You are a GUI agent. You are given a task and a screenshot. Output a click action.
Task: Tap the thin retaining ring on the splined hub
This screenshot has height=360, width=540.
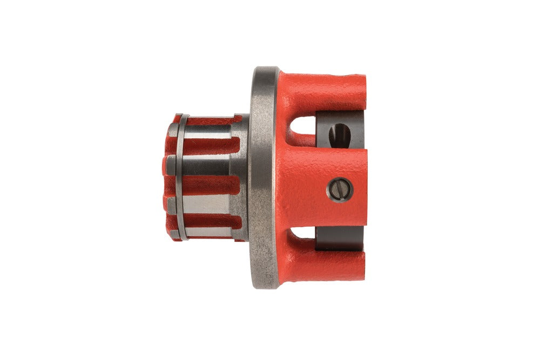tap(181, 178)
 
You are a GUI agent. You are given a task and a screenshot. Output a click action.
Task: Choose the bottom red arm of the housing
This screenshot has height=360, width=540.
tap(324, 264)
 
